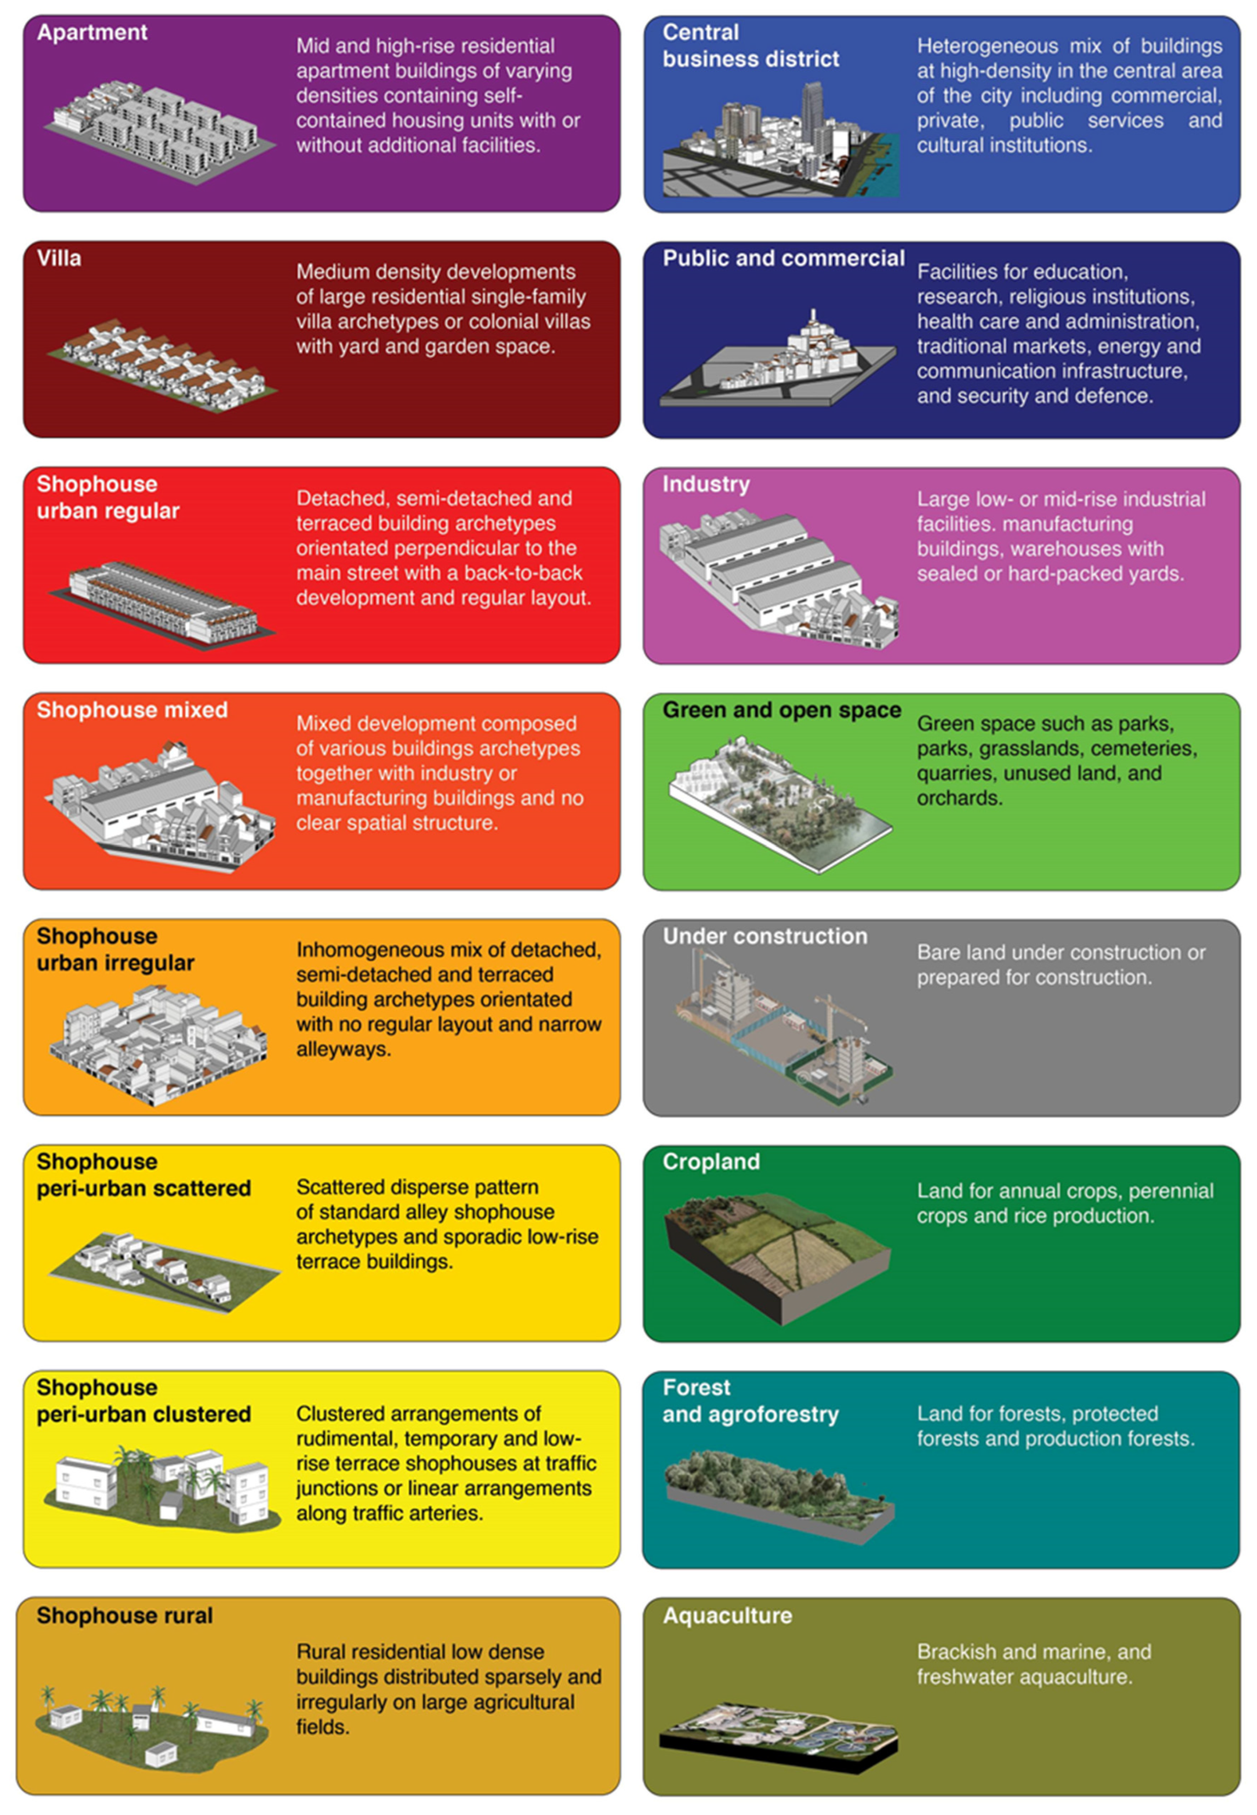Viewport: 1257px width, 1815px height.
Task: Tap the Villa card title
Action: pyautogui.click(x=58, y=259)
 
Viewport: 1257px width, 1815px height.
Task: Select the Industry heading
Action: pyautogui.click(x=706, y=485)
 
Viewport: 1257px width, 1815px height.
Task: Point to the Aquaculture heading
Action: pyautogui.click(x=727, y=1616)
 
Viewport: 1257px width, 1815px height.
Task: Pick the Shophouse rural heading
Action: pyautogui.click(x=124, y=1616)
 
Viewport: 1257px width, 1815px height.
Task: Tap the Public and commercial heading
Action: pyautogui.click(x=784, y=259)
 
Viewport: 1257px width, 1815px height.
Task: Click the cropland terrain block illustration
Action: pyautogui.click(x=778, y=1257)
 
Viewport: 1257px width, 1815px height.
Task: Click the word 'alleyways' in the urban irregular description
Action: pyautogui.click(x=343, y=1049)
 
